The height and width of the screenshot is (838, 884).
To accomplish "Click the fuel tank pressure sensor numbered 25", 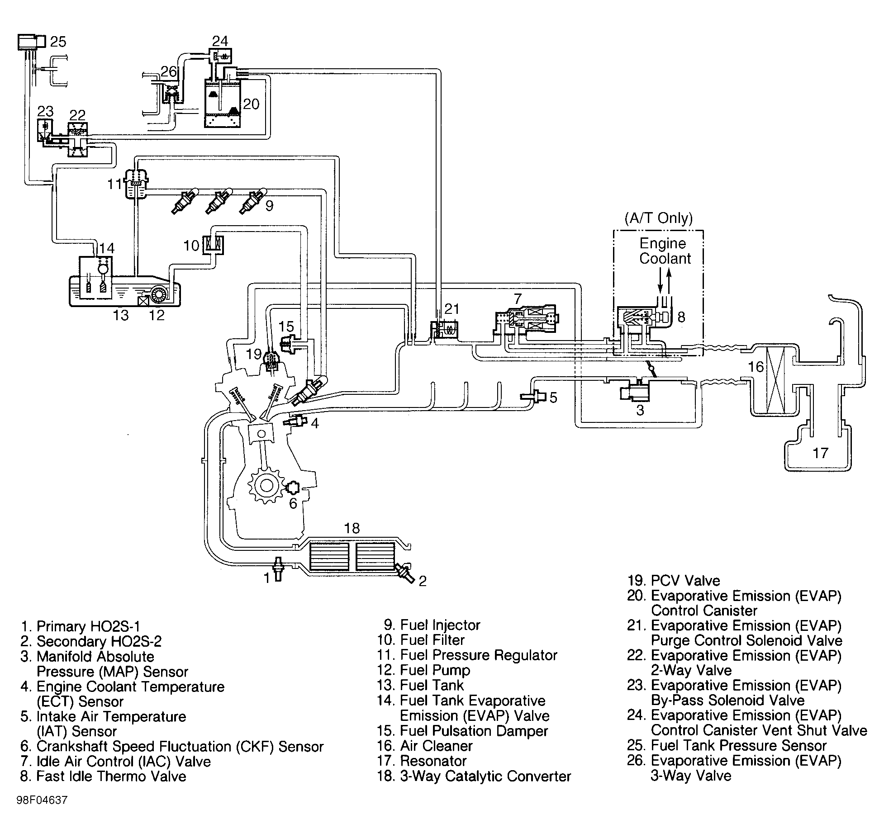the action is coord(32,42).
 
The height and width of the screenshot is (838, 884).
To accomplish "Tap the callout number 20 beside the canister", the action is coord(251,104).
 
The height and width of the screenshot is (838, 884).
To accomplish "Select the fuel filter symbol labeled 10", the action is coord(213,245).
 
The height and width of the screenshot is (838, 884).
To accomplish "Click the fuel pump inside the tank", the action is coord(158,294).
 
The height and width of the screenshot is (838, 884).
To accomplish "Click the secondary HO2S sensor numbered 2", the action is coord(404,572).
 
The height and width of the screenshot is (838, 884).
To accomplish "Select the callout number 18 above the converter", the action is coord(352,528).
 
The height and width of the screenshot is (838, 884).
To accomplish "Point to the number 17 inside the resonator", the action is coord(820,453).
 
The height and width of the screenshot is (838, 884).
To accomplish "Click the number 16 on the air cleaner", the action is coord(756,366).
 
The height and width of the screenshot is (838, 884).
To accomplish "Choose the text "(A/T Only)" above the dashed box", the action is coord(658,218).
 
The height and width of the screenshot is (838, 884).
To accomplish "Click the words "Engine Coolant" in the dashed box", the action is coord(665,251).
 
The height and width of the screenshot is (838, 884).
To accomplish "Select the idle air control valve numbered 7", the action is coord(527,322).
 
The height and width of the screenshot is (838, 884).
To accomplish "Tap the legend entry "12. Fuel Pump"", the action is coord(424,670).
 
